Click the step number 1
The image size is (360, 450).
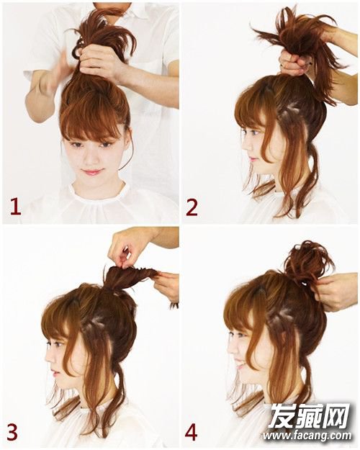pos(16,207)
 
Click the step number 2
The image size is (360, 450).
pos(192,208)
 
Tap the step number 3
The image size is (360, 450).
pos(12,433)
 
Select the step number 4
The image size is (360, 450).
pos(192,433)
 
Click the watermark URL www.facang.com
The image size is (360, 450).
pos(307,436)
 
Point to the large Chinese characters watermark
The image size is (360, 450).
pos(309,416)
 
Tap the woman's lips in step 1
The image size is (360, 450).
pos(91,173)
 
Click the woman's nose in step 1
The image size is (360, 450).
pos(91,158)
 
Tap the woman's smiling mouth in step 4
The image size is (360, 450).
pos(239,366)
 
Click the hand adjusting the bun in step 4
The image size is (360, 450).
pos(335,292)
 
